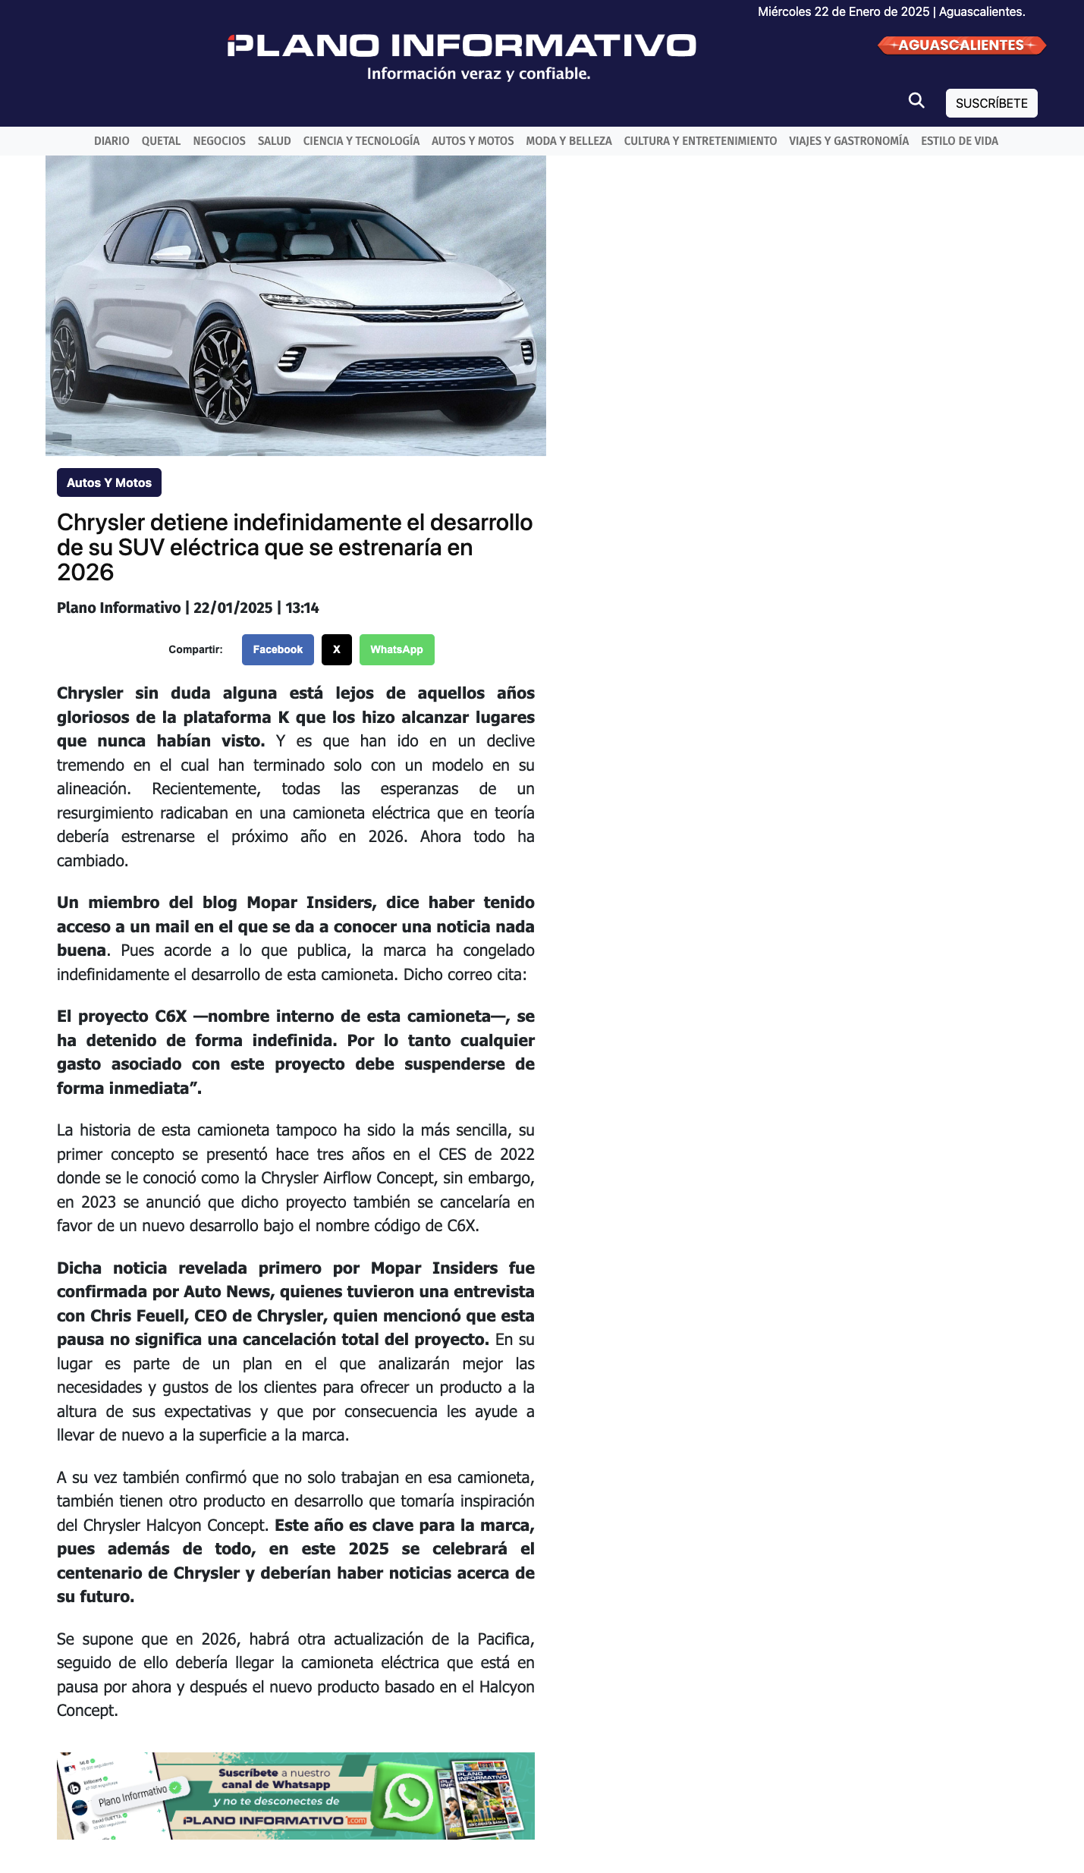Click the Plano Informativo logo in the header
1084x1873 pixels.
[x=461, y=46]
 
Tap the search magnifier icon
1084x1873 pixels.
[x=916, y=101]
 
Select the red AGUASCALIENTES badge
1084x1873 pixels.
[x=961, y=46]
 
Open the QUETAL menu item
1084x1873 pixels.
[x=161, y=141]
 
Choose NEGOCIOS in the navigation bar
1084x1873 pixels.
[x=219, y=141]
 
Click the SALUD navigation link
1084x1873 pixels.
[x=274, y=141]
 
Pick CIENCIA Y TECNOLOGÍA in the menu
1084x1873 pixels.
[x=361, y=141]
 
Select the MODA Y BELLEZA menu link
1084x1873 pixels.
[x=568, y=141]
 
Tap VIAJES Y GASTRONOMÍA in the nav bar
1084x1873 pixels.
[x=848, y=141]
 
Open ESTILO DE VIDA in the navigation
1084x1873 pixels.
[x=959, y=141]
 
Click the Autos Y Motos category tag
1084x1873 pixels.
[x=109, y=482]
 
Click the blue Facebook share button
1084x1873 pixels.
[x=278, y=649]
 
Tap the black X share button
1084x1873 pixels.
[x=337, y=649]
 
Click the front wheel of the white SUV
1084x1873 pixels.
[x=222, y=374]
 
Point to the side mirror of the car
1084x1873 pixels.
[x=171, y=253]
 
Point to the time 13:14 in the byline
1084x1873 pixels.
[x=302, y=608]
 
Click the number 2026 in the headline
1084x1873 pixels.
[x=85, y=572]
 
